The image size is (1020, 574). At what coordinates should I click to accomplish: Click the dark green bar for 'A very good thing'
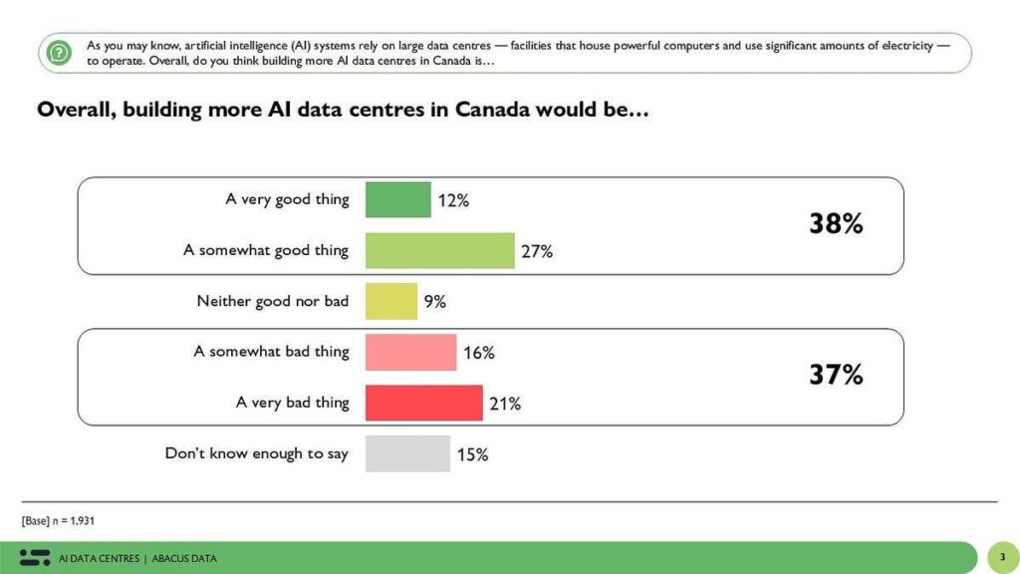point(397,199)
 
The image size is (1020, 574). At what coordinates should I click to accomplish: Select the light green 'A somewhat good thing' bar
point(439,250)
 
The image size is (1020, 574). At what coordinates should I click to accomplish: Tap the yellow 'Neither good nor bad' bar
point(390,301)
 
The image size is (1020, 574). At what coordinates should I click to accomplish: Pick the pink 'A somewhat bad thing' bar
point(410,352)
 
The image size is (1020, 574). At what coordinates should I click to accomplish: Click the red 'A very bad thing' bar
point(423,403)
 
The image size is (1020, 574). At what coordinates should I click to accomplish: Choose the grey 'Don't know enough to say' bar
point(407,453)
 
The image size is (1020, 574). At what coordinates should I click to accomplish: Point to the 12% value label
point(453,200)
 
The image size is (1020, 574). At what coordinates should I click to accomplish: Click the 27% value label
point(537,251)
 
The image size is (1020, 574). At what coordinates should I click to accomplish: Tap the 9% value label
point(434,301)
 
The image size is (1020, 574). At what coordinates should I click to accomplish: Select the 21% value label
point(505,404)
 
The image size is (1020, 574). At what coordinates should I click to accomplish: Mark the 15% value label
point(472,454)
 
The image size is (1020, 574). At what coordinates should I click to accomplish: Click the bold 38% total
point(835,224)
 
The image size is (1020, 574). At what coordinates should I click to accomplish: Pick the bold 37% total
point(835,376)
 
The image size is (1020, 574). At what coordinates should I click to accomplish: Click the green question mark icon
point(60,53)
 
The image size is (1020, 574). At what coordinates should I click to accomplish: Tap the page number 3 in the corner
point(1002,557)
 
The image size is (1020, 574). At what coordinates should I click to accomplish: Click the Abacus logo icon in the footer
point(35,557)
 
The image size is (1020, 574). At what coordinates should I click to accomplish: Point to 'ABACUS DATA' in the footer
point(184,558)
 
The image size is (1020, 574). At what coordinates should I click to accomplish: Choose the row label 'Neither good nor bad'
point(272,301)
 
